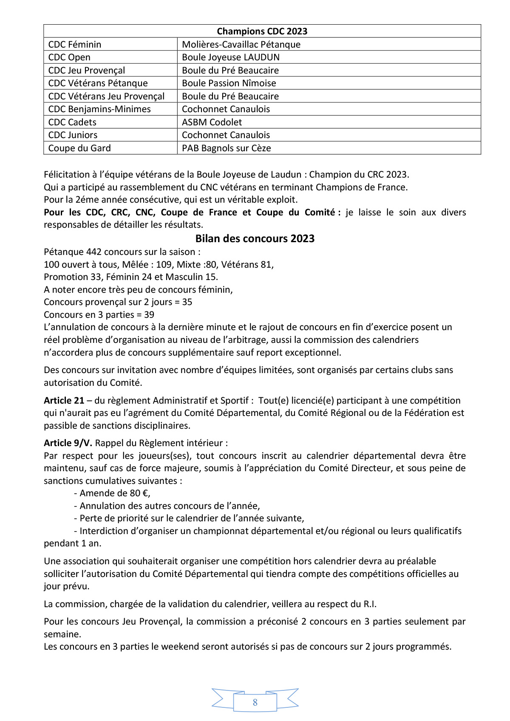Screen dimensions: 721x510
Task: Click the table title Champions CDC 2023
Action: pyautogui.click(x=262, y=31)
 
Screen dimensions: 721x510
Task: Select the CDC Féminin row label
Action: pyautogui.click(x=75, y=45)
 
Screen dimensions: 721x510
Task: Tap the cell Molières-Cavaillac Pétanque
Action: pyautogui.click(x=241, y=45)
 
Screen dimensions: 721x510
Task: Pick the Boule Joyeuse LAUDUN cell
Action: pyautogui.click(x=231, y=57)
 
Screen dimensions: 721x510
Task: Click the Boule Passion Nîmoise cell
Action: pyautogui.click(x=229, y=83)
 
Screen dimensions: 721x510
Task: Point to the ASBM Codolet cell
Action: pyautogui.click(x=212, y=122)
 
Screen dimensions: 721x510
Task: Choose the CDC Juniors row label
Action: pyautogui.click(x=73, y=135)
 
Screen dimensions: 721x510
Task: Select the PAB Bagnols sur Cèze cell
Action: pyautogui.click(x=226, y=148)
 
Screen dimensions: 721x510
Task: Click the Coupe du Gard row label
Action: pyautogui.click(x=79, y=148)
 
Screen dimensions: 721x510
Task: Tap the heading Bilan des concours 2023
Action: pyautogui.click(x=255, y=239)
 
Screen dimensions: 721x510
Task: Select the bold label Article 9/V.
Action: pyautogui.click(x=68, y=443)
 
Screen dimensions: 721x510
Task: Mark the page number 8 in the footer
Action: pyautogui.click(x=255, y=702)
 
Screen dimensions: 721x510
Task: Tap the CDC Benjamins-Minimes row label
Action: pyautogui.click(x=99, y=109)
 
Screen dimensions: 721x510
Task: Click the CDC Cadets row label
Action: pyautogui.click(x=72, y=122)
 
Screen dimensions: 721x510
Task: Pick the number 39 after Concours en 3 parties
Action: pyautogui.click(x=149, y=315)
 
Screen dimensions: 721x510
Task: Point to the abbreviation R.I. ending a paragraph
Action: pyautogui.click(x=370, y=604)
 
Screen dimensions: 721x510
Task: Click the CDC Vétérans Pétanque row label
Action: pyautogui.click(x=98, y=83)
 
